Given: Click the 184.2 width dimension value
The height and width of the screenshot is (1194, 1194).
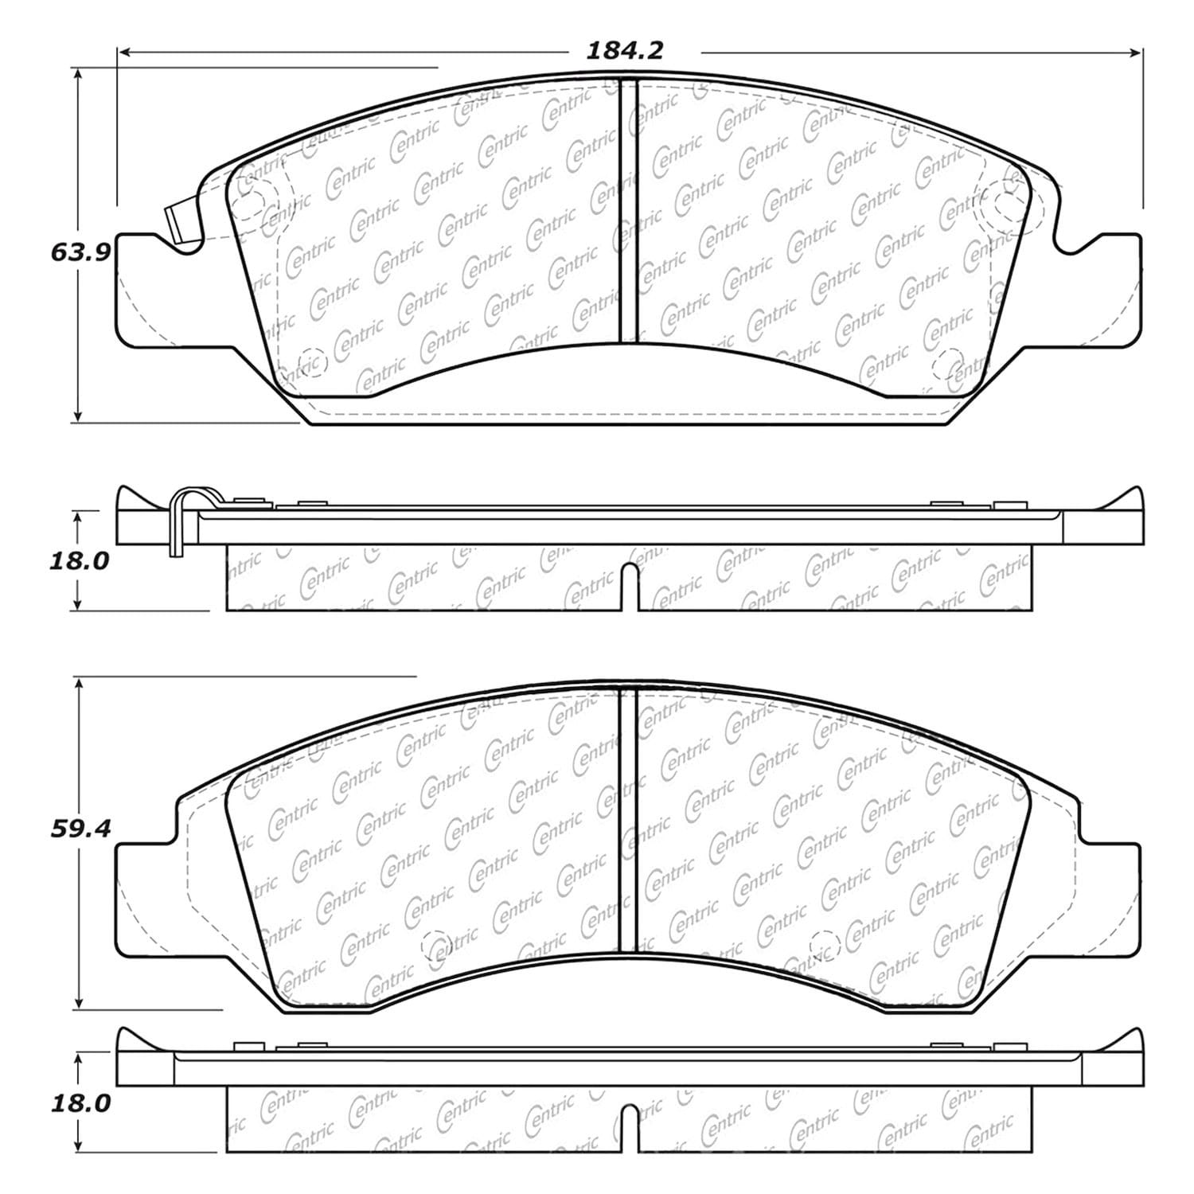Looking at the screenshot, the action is pyautogui.click(x=625, y=51).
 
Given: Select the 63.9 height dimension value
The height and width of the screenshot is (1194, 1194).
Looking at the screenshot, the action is pyautogui.click(x=78, y=252).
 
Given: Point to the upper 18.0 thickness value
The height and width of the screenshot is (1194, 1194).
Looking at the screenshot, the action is pyautogui.click(x=79, y=561).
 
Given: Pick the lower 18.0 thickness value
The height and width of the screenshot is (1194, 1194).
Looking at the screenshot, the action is pyautogui.click(x=79, y=1104).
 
